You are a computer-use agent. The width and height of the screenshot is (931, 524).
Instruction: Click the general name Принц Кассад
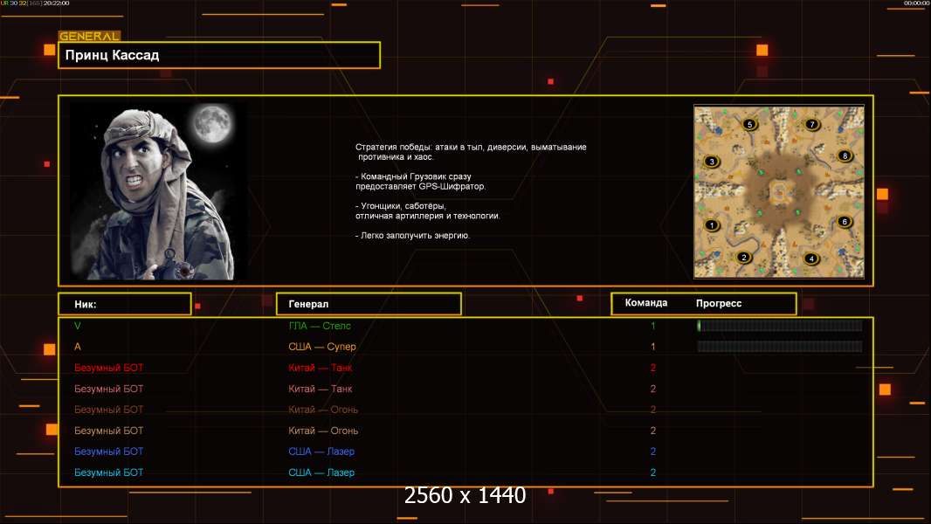point(112,55)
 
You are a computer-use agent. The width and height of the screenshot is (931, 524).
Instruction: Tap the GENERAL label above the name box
point(89,37)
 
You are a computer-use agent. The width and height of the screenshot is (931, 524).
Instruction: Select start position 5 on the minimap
point(749,125)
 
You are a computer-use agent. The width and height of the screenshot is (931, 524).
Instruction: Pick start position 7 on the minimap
point(812,125)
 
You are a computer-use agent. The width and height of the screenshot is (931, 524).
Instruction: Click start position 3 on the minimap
point(712,162)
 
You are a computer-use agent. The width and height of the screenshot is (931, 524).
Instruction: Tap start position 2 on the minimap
point(744,257)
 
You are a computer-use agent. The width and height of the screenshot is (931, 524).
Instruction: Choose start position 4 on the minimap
point(811,258)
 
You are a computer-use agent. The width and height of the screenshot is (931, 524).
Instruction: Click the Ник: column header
point(85,304)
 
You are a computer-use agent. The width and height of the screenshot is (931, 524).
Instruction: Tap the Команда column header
point(646,303)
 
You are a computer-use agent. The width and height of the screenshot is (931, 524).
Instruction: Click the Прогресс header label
point(719,303)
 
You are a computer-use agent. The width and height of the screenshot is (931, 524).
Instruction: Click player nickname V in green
point(78,326)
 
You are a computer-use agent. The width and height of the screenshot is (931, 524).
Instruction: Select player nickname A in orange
point(78,347)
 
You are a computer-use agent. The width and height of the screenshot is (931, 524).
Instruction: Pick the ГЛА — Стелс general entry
point(320,326)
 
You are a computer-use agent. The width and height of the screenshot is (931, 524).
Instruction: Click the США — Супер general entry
point(321,347)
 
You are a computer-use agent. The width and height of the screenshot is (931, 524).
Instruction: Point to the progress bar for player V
point(780,326)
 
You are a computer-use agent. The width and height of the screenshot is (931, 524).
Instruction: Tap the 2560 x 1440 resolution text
point(465,496)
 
